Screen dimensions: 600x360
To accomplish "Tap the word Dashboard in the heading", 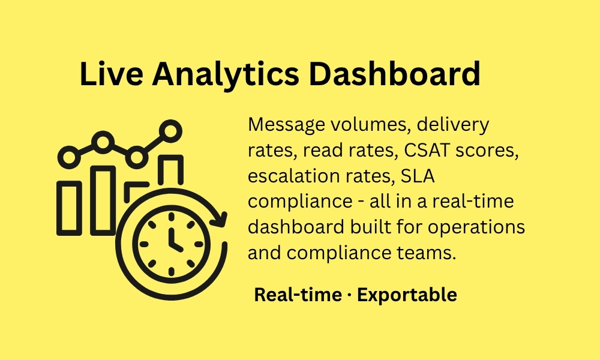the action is (x=395, y=73).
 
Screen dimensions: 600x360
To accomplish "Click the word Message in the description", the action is (x=286, y=125).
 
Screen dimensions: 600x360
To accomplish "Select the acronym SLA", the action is (x=418, y=176).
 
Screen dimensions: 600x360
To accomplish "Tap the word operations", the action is (x=476, y=227).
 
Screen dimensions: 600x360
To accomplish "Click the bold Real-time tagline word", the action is (x=298, y=295).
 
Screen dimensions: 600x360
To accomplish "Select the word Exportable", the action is (x=407, y=295).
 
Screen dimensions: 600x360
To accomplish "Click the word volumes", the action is (x=370, y=125).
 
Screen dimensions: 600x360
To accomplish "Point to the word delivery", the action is (x=452, y=125).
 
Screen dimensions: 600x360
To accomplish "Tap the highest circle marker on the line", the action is (x=170, y=131).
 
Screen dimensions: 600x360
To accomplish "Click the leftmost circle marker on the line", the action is (x=69, y=157).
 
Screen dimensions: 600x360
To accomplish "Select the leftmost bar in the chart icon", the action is (x=69, y=208).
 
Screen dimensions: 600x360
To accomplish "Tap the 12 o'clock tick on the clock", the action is (x=171, y=217).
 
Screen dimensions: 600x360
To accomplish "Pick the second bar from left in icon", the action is (x=103, y=200).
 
